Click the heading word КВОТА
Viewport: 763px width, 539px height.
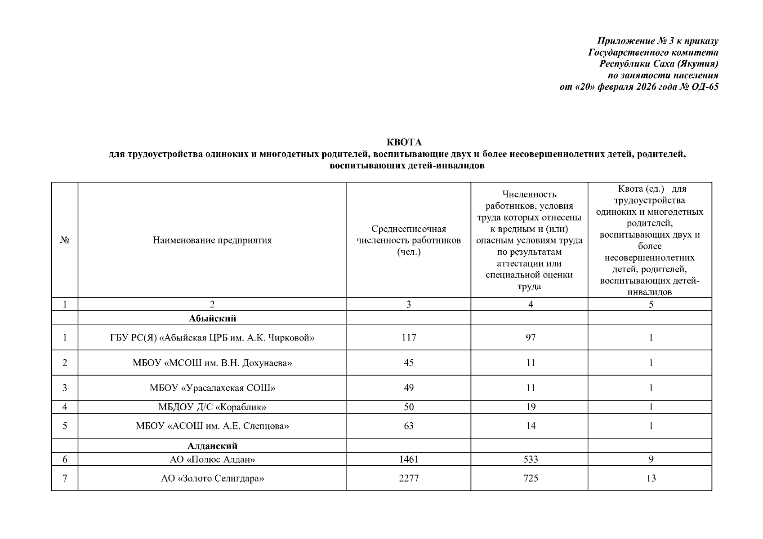click(x=404, y=142)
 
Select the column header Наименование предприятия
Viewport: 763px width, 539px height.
click(x=212, y=240)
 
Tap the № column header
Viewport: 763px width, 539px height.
click(x=65, y=240)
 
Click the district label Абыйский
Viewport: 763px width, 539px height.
click(x=212, y=318)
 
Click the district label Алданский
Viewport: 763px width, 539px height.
click(x=212, y=446)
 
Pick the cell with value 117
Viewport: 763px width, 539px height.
click(x=408, y=337)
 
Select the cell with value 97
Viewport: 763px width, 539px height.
click(x=531, y=337)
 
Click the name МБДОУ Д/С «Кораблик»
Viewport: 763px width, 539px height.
click(x=212, y=407)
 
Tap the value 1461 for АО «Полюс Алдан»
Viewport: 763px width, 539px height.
click(x=408, y=459)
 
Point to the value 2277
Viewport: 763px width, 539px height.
click(x=408, y=478)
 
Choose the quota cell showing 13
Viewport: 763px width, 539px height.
click(x=651, y=478)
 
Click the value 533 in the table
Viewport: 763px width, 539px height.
click(x=531, y=459)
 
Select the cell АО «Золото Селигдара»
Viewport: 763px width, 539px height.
click(x=212, y=478)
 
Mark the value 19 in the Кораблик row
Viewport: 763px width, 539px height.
click(x=531, y=407)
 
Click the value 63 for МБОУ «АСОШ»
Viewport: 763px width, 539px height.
click(x=408, y=426)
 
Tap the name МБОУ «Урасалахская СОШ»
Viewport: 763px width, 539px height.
click(x=212, y=388)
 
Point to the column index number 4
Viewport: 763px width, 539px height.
click(x=531, y=305)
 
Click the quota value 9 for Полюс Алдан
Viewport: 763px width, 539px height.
click(x=651, y=459)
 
